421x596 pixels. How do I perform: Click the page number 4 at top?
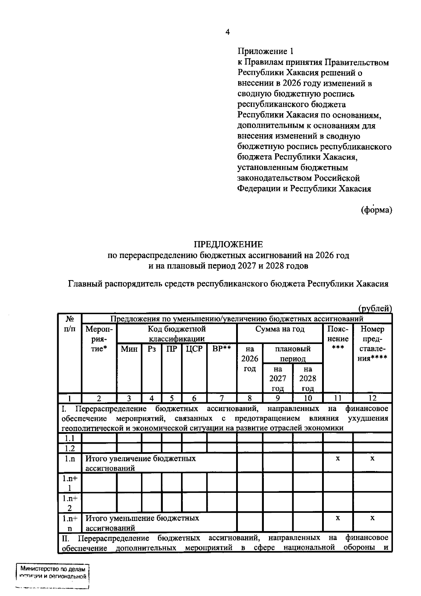(227, 32)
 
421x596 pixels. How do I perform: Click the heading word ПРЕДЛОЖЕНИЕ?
(228, 244)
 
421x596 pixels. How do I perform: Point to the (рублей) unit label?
(375, 309)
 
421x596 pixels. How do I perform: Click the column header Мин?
(129, 349)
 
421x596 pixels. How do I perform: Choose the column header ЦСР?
(194, 349)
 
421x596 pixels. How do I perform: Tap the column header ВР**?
(222, 349)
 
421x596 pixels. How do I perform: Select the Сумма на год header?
(280, 329)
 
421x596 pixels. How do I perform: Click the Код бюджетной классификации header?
(176, 334)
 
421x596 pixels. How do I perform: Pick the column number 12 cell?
(372, 398)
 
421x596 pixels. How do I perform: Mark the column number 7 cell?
(222, 398)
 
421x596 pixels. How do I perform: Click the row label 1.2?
(69, 448)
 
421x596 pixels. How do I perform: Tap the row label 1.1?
(69, 438)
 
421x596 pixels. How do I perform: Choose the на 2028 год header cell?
(308, 378)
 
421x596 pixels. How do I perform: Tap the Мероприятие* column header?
(99, 339)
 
